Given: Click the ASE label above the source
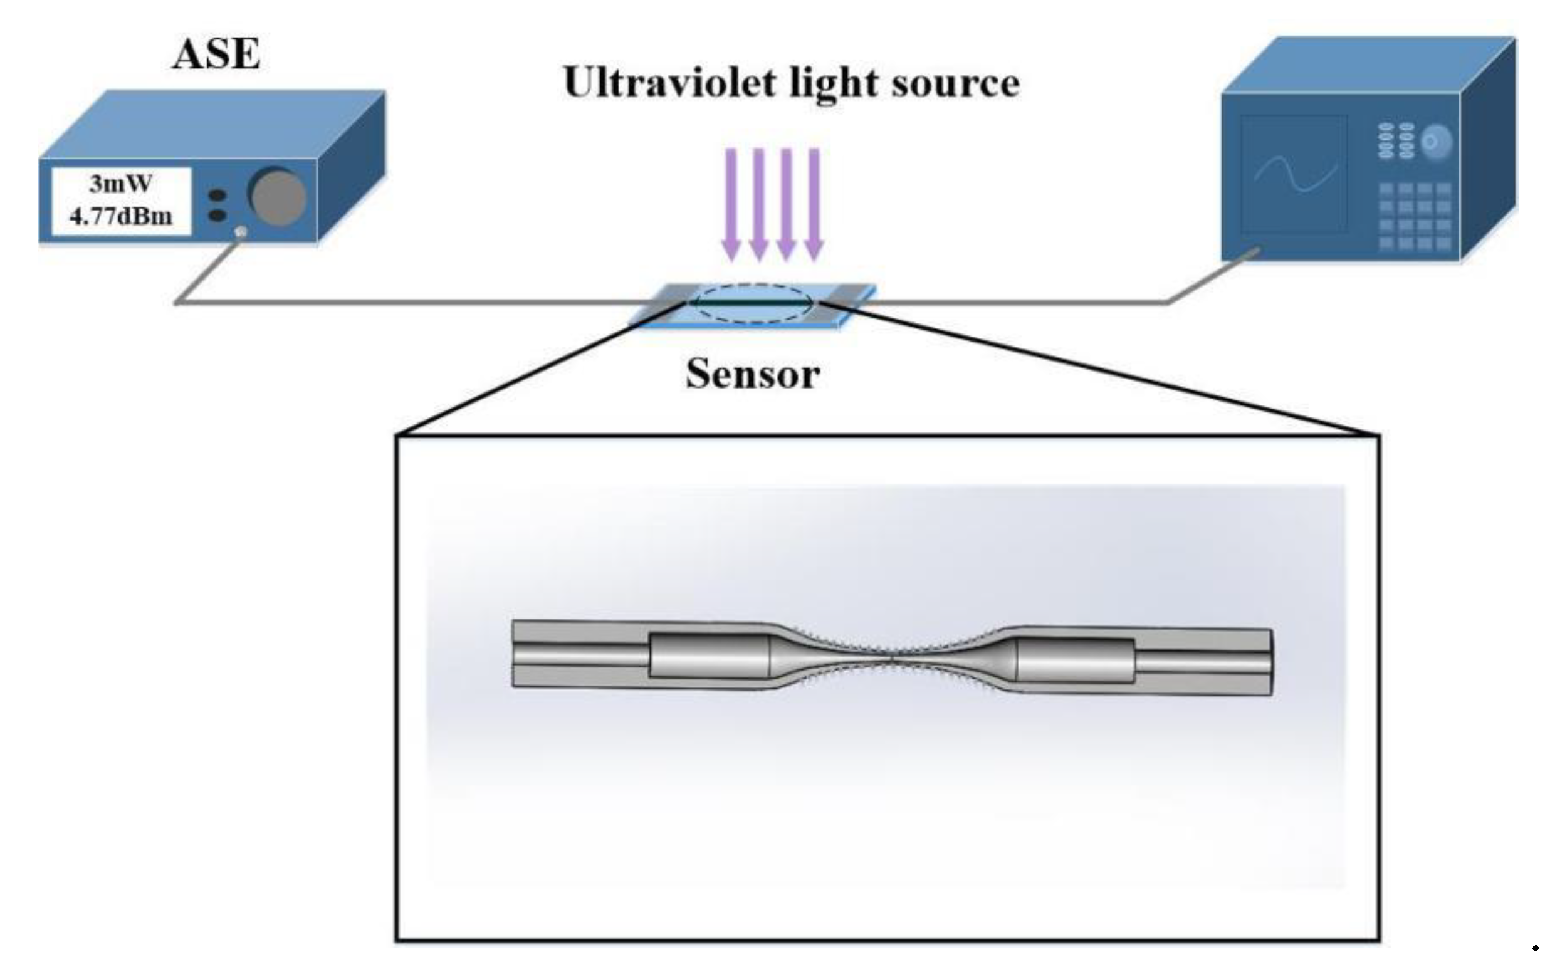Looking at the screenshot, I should click(217, 54).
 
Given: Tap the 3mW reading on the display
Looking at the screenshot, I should click(120, 184).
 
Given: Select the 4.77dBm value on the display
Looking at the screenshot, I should click(120, 217).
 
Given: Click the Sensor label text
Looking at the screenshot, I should click(752, 374).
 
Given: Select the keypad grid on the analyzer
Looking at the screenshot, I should click(1415, 216).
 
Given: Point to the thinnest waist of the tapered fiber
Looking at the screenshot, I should click(892, 657).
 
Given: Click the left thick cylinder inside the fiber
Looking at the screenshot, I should click(709, 656).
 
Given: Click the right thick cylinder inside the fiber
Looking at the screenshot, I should click(1076, 660).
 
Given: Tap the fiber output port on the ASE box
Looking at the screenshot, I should click(241, 232).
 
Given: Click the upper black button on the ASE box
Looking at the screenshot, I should click(218, 195).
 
